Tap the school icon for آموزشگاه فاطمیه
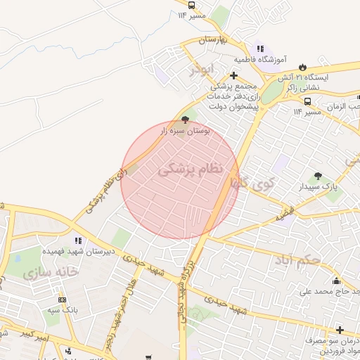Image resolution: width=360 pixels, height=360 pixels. click(259, 49)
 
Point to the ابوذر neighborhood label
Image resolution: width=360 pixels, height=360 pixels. click(204, 70)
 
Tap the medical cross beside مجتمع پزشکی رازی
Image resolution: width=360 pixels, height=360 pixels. click(233, 75)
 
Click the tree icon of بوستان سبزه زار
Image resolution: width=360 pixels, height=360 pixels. click(185, 120)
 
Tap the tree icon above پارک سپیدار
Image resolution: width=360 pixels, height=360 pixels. click(318, 176)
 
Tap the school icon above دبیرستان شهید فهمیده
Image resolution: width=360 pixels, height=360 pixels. click(72, 238)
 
